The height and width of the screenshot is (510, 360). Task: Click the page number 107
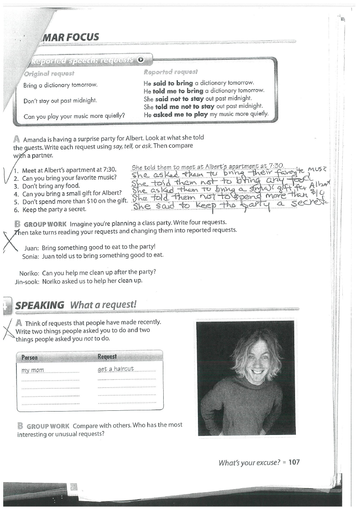tap(294, 462)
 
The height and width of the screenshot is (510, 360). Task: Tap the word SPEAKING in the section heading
tap(40, 305)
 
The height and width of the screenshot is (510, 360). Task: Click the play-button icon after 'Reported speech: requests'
tap(140, 60)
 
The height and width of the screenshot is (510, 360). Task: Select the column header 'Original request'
tap(49, 73)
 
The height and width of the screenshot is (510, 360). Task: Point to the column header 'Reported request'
tap(171, 72)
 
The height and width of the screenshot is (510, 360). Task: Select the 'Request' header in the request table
tap(107, 357)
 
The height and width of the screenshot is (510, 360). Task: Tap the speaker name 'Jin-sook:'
tap(27, 281)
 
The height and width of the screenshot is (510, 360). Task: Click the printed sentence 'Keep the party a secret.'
tap(54, 209)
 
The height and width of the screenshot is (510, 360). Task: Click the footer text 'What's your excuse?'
tap(249, 462)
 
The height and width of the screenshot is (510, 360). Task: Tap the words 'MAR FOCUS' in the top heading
tap(76, 38)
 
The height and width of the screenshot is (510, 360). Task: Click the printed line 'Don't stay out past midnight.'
tap(60, 100)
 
